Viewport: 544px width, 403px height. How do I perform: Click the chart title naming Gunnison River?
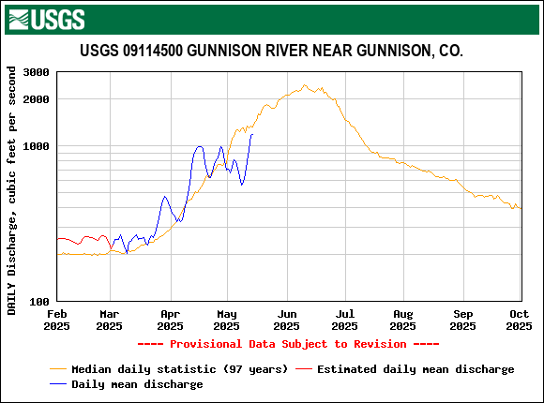(x=271, y=51)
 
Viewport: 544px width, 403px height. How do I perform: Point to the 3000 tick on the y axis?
(x=37, y=72)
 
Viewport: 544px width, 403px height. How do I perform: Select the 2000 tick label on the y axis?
(x=37, y=99)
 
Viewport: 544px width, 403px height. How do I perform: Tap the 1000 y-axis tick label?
(x=37, y=146)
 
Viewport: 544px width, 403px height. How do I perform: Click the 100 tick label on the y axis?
(x=39, y=302)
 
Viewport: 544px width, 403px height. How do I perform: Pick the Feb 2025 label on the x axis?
(x=57, y=321)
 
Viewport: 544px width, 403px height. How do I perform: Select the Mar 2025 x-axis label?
(x=110, y=321)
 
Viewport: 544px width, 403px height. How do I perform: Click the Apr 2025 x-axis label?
(x=170, y=321)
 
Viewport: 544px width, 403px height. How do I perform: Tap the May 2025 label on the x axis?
(x=226, y=321)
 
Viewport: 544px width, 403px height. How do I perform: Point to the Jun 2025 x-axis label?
(x=286, y=321)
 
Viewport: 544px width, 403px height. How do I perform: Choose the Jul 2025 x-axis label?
(x=344, y=321)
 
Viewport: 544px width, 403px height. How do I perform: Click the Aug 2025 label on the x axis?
(x=402, y=321)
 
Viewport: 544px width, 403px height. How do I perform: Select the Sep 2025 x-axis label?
(x=462, y=321)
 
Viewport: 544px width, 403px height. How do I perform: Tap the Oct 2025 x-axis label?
(x=519, y=321)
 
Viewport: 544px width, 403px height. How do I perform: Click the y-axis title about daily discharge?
(x=12, y=190)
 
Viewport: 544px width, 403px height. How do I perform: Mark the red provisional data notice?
(x=288, y=344)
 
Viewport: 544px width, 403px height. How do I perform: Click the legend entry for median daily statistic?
(x=179, y=369)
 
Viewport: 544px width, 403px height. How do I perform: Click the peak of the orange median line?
(x=306, y=86)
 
